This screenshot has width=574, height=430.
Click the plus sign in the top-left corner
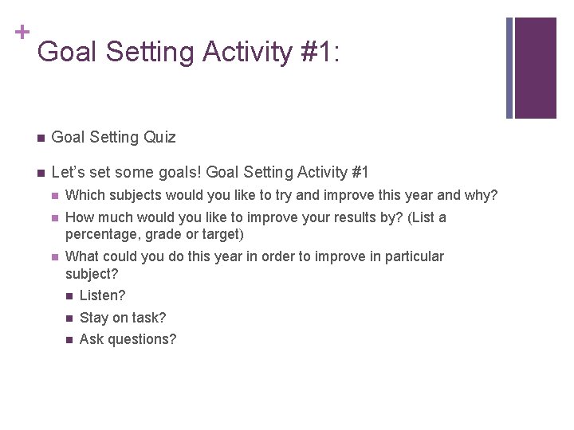[x=22, y=32]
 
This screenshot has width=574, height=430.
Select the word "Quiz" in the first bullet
[x=159, y=137]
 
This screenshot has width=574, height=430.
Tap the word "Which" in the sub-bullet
[x=85, y=195]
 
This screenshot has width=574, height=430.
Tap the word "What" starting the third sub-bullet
[x=81, y=256]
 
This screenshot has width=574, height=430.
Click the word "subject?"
[x=92, y=273]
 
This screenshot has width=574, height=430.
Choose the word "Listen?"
[x=103, y=295]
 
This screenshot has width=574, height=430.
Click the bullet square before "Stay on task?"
[x=69, y=319]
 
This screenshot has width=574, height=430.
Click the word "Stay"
[x=94, y=318]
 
